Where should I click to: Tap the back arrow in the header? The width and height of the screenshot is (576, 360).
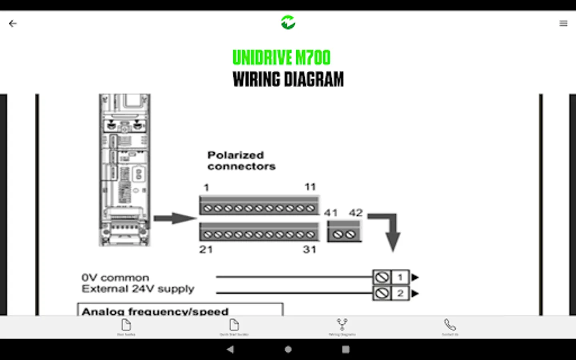(13, 24)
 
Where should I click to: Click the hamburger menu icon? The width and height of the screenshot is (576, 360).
(563, 24)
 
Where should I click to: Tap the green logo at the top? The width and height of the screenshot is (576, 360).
(288, 22)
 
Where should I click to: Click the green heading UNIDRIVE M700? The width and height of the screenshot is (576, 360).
(282, 58)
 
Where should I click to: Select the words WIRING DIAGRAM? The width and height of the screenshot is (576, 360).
(288, 79)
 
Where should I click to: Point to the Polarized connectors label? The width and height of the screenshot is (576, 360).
(241, 160)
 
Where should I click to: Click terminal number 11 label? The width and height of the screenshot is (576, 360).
(310, 187)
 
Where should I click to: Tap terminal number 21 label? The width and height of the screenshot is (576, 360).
(206, 250)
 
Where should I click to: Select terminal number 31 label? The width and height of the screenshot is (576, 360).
(310, 250)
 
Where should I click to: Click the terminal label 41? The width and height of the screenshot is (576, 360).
(331, 213)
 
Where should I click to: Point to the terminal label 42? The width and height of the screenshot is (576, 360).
(356, 213)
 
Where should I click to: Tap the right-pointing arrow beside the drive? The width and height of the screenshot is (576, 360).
(174, 218)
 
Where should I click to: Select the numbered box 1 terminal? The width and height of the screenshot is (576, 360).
(400, 277)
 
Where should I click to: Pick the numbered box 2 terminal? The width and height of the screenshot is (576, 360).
(400, 293)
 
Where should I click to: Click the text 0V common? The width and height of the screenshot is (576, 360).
(115, 278)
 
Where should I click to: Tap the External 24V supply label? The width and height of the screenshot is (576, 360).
(138, 289)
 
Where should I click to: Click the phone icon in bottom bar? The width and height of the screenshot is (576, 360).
(450, 325)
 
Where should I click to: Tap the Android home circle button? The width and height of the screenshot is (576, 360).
(288, 349)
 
